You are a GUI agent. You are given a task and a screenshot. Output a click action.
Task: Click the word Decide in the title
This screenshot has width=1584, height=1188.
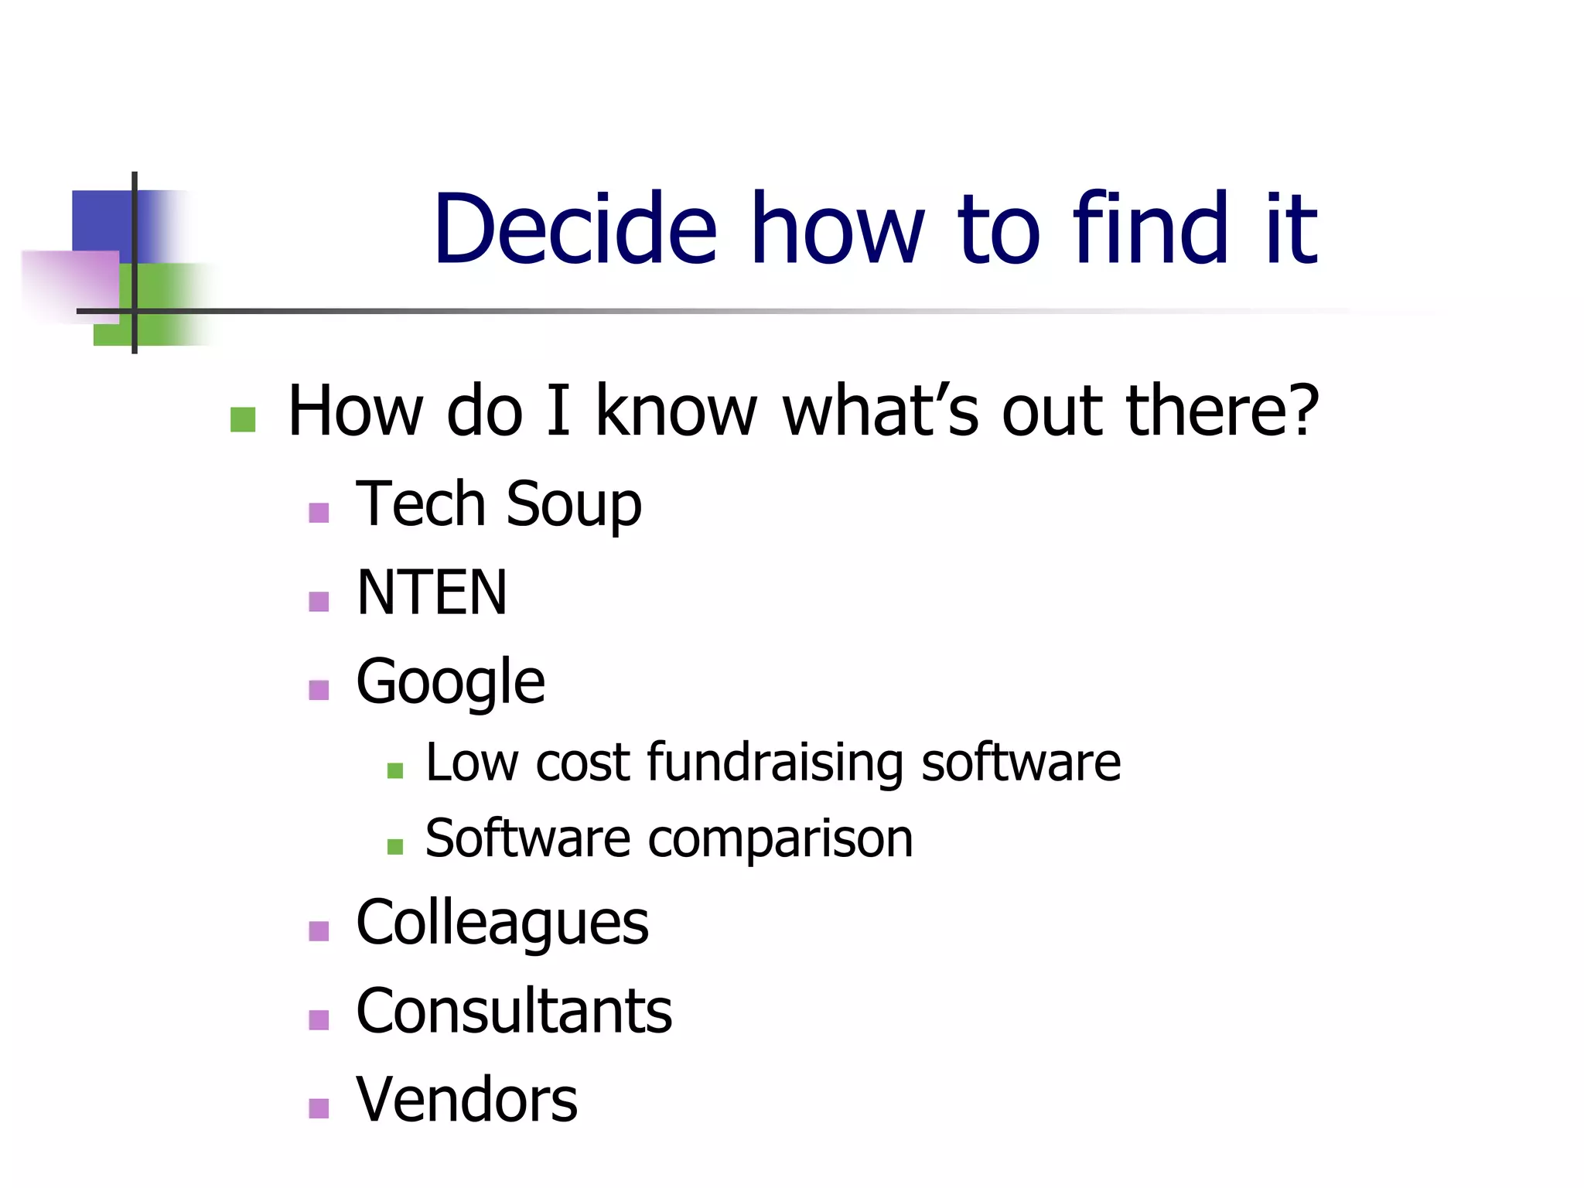[x=575, y=229]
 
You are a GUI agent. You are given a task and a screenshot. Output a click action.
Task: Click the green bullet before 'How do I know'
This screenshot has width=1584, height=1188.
[x=243, y=420]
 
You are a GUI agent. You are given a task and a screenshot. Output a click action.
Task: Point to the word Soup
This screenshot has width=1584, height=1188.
[x=573, y=504]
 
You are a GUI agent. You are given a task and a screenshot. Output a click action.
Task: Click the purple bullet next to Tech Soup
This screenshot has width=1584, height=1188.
[x=319, y=513]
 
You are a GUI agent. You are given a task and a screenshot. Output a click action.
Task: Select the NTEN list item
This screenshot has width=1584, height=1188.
[x=432, y=592]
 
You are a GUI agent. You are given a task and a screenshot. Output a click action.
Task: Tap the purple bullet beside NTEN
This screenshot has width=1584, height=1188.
[x=319, y=602]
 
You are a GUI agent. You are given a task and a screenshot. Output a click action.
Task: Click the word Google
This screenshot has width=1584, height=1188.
[x=450, y=682]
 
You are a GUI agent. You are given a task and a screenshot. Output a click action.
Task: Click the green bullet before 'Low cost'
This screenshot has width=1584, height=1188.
[x=395, y=770]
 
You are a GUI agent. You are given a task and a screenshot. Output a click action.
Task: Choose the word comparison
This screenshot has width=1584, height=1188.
[x=780, y=838]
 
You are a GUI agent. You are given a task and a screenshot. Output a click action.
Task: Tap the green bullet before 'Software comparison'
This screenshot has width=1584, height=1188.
[x=395, y=847]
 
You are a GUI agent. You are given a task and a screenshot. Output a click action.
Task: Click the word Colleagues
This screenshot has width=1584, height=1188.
[x=502, y=923]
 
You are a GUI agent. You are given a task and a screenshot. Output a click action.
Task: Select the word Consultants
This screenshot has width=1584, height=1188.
[x=514, y=1012]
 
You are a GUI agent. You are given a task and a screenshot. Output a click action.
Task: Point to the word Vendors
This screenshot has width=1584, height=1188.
[x=466, y=1100]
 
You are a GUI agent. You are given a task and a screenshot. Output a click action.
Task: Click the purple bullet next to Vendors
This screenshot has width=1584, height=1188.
[x=319, y=1109]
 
